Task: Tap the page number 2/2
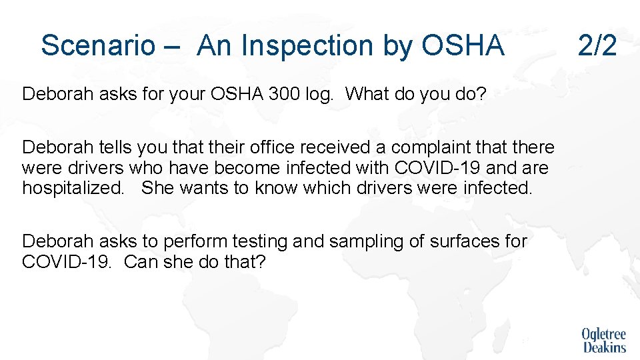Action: click(x=597, y=46)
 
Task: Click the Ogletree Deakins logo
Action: click(x=604, y=340)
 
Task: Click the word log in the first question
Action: click(x=321, y=94)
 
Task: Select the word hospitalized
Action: click(x=73, y=188)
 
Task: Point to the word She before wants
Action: click(x=157, y=188)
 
